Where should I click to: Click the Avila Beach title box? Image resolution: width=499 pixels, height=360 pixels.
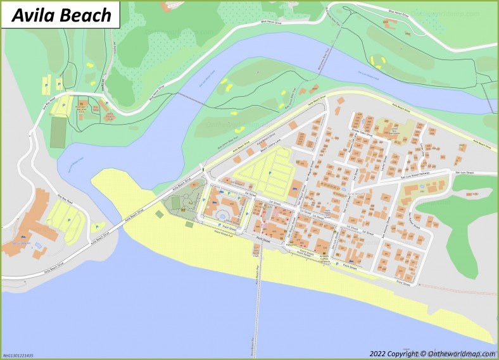61,15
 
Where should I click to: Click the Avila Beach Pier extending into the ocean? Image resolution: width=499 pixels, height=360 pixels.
256,297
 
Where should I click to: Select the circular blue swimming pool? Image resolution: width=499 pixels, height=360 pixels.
222,215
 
